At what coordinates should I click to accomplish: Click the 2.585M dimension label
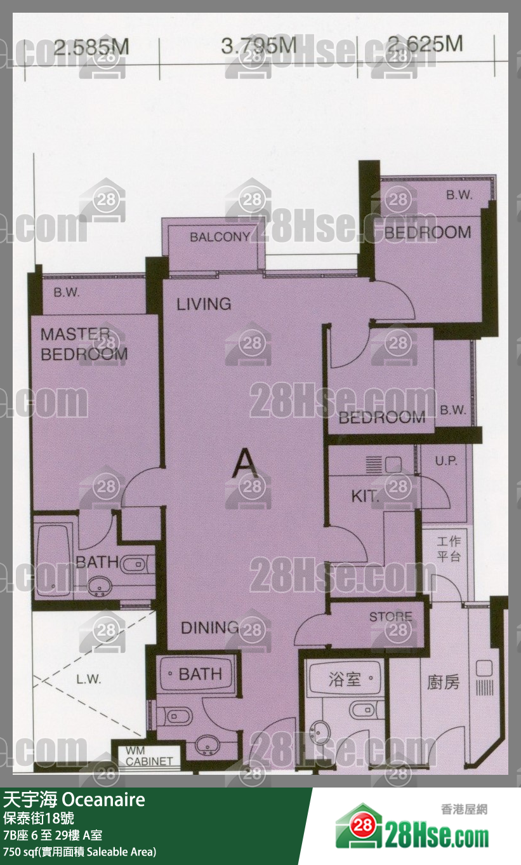coord(91,48)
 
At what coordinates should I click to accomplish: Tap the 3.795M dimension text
coord(259,46)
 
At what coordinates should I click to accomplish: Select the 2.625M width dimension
coord(425,44)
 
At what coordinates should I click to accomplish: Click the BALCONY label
coord(220,237)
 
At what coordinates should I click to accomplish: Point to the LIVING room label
coord(204,304)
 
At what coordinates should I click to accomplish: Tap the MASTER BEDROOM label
coord(84,344)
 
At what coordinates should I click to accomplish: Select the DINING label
coord(210,628)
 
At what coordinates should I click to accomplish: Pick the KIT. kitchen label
coord(366,496)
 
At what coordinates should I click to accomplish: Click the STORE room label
coord(391,617)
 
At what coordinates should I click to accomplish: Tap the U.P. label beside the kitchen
coord(446,460)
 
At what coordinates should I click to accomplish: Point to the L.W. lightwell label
coord(89,679)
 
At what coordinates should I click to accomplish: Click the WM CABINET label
coord(149,756)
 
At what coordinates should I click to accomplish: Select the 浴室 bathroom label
coord(345,679)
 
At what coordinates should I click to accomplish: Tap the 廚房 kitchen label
coord(443,682)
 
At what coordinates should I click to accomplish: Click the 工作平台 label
coord(449,548)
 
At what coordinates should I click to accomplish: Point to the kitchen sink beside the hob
coord(393,465)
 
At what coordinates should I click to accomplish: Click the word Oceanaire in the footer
coord(103,800)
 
